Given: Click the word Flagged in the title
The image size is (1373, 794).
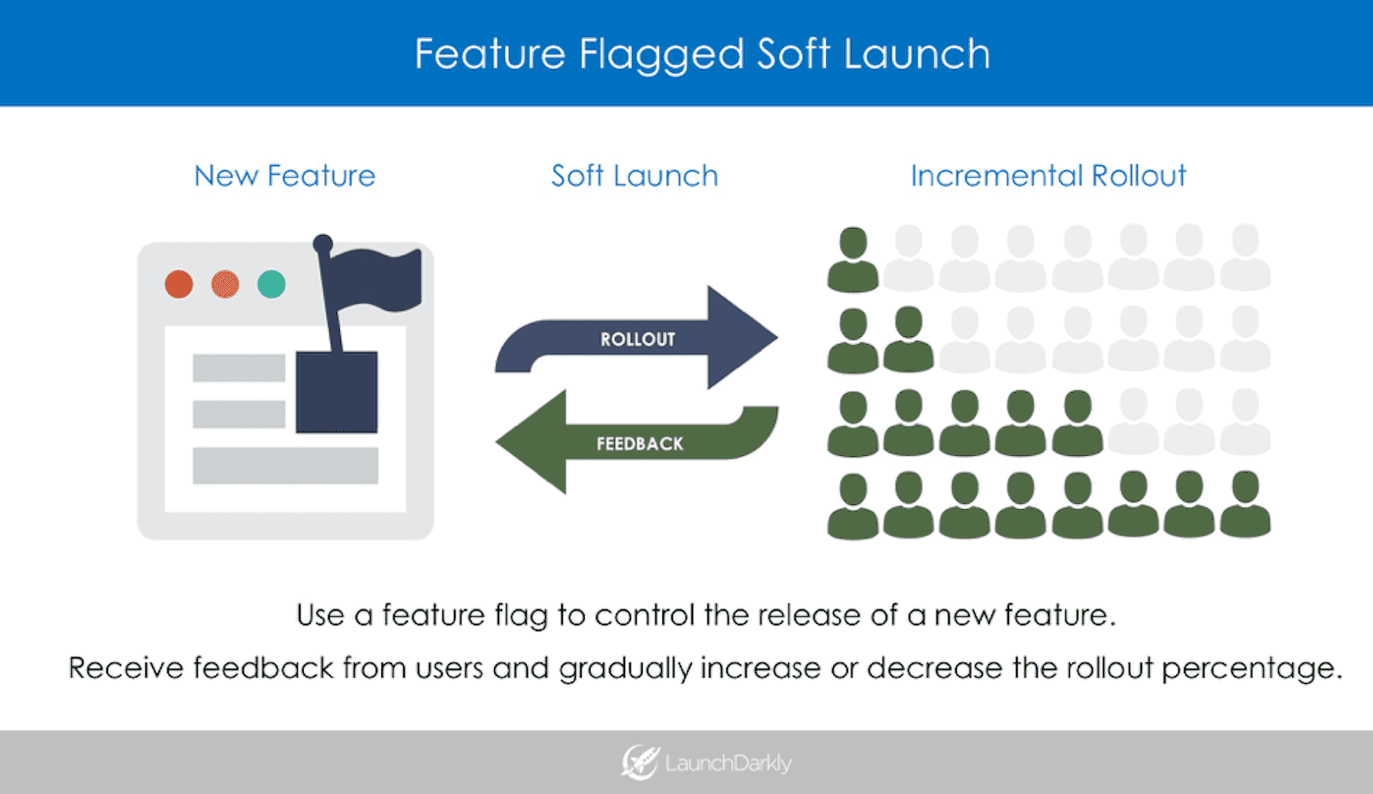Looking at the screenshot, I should point(661,55).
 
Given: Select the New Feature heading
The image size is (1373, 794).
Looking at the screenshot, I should point(285,176).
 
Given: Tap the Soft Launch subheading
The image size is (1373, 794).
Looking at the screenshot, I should point(634,176).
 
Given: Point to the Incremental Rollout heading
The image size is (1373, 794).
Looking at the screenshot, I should point(1048,176).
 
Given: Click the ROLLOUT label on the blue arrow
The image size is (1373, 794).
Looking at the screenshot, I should point(637,339).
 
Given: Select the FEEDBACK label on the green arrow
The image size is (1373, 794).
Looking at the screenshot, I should point(639,444).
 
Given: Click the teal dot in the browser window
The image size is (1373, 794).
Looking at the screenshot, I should point(272,284).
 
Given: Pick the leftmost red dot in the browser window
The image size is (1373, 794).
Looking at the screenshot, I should point(179,284).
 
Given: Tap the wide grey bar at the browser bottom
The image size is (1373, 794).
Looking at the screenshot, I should point(285,466).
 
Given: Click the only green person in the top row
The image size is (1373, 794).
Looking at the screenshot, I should point(853,260).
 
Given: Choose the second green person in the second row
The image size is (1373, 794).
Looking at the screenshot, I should point(909,340).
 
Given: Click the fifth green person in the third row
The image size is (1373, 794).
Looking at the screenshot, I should point(1077,423).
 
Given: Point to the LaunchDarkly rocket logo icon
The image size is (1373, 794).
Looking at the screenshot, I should point(639,762).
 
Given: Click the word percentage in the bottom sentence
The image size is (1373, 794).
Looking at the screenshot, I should point(1251,668).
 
